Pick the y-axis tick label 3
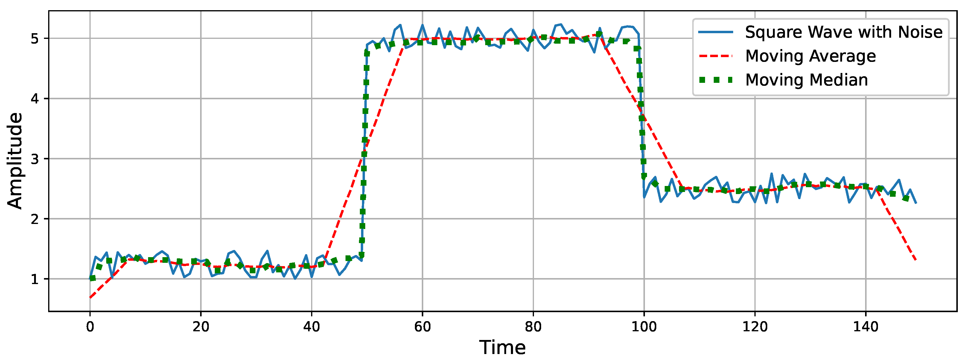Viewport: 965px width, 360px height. click(x=35, y=159)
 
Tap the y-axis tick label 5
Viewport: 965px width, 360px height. click(x=35, y=39)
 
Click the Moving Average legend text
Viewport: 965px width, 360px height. click(x=810, y=56)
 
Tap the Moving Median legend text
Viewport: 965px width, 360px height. click(x=806, y=80)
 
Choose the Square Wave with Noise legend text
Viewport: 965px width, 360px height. click(x=844, y=32)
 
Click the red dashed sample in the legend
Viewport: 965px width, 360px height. click(x=716, y=56)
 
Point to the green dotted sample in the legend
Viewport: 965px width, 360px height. click(x=716, y=80)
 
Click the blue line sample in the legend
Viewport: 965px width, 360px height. click(x=716, y=32)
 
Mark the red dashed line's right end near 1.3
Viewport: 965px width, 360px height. click(x=916, y=260)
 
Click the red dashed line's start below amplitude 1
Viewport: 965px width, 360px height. click(x=90, y=298)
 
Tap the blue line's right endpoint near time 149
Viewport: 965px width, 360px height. click(x=916, y=203)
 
